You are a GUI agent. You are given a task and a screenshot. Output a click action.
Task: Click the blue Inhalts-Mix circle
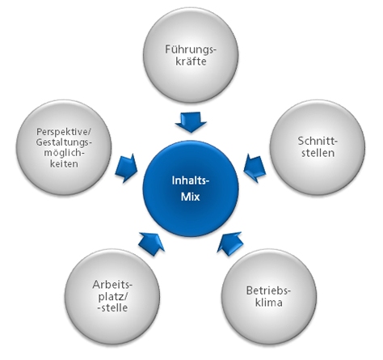coord(191,188)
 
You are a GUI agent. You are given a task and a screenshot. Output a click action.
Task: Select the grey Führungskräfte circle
coord(191,55)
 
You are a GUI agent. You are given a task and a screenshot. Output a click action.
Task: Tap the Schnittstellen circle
coord(318,147)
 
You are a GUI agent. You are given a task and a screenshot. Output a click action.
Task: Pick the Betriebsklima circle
coord(269,297)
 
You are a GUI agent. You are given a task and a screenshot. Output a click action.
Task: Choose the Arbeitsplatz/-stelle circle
coord(112,297)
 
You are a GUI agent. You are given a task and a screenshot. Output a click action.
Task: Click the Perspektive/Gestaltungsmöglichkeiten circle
coord(64,147)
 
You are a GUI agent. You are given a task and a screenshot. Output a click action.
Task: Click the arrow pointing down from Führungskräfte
coord(191,122)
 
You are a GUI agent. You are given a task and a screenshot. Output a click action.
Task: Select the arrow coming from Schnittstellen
coord(255,167)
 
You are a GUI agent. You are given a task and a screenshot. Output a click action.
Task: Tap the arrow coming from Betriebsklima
coord(230,244)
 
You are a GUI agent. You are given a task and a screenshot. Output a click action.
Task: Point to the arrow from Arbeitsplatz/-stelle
coord(151,244)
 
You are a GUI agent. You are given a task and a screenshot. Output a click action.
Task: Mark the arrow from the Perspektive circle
coord(126,167)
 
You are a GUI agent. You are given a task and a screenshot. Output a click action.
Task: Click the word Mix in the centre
coord(191,197)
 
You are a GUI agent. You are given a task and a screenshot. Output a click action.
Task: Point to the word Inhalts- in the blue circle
coord(191,180)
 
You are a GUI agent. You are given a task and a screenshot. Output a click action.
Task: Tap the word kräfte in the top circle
coord(191,61)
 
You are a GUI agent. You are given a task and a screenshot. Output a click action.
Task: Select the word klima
coord(269,303)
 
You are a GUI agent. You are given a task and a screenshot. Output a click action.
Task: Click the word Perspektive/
coord(64,132)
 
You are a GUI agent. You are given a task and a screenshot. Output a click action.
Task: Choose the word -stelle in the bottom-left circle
coord(112,307)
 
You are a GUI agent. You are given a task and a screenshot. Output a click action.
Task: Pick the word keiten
coord(64,163)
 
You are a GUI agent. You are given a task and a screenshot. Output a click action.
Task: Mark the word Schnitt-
coord(318,141)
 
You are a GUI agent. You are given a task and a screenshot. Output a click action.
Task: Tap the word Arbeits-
coord(112,285)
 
